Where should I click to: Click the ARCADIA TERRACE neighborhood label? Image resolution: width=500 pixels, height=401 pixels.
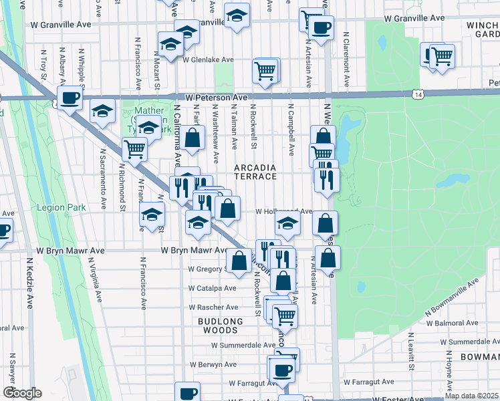tap(255, 171)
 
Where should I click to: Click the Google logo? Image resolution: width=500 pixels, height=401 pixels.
tap(22, 393)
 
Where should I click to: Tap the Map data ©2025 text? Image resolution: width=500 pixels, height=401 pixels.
tap(472, 396)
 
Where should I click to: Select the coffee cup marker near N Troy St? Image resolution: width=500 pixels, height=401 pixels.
tap(70, 98)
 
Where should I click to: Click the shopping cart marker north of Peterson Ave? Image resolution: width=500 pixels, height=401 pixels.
tap(265, 70)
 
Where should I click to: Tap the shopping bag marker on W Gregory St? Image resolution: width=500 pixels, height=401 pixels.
tap(239, 260)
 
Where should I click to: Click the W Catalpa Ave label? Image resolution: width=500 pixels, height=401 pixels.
tap(212, 288)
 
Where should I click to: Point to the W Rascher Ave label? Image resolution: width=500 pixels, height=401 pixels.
tap(213, 307)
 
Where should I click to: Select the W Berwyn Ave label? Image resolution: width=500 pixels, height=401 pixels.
tap(213, 365)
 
